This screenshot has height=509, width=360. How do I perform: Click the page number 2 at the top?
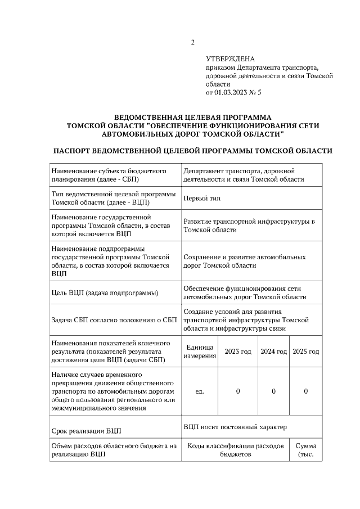point(192,42)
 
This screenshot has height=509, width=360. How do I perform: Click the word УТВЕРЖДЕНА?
point(230,58)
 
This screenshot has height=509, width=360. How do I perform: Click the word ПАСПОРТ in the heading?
point(71,151)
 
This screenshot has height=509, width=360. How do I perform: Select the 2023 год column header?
point(238,352)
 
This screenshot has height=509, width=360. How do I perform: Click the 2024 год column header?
point(273,352)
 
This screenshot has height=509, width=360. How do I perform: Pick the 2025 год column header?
point(306,352)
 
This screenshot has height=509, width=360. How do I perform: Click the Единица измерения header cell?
point(199,352)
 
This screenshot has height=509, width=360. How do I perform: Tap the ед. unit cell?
point(199,391)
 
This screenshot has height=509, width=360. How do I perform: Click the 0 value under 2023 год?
point(238,391)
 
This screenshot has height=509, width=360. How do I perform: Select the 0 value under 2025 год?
point(305,391)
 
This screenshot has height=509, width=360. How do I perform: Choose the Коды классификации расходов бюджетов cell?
point(235,450)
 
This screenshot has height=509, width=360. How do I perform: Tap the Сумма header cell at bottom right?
point(306,450)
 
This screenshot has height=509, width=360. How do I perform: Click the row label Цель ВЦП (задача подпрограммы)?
point(105,293)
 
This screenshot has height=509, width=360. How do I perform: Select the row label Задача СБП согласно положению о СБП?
point(114,320)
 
